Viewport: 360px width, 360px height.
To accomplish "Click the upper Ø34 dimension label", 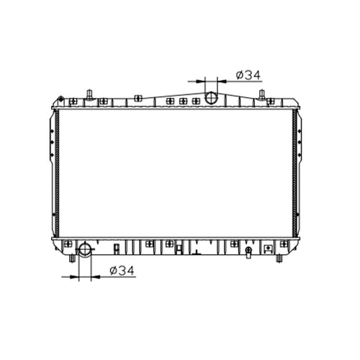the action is pos(248,75).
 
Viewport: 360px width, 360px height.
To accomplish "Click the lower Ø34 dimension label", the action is pos(122,271).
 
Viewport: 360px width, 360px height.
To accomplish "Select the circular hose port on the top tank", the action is pos(211,98).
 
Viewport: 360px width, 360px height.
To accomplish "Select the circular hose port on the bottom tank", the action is pos(85,249).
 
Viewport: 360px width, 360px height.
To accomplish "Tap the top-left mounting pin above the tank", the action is pos(90,94).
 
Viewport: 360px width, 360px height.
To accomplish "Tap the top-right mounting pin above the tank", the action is pos(262,94).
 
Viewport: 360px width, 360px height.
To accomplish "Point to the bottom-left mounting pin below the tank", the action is pos(72,258).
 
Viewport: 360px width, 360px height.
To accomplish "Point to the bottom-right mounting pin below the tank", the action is pos(279,258).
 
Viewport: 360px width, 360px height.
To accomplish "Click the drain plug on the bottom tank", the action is pos(248,252).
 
